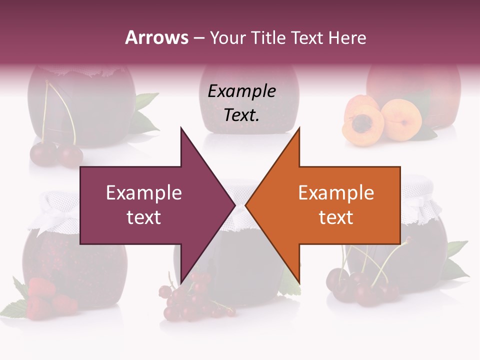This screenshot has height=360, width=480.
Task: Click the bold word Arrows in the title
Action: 156,37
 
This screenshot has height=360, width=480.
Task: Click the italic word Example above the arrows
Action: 241,91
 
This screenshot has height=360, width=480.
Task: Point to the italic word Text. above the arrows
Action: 241,115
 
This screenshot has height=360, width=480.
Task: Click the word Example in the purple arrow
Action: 144,192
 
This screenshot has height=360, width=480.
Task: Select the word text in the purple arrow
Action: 144,217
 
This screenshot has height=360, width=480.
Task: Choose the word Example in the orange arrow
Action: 336,192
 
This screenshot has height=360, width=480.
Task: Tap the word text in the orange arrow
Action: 336,217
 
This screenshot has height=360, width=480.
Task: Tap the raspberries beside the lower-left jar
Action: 47,297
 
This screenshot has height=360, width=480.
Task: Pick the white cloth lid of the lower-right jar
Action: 422,197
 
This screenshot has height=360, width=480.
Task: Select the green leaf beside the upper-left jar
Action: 144,112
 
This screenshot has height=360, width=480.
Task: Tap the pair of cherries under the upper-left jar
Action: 56,154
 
